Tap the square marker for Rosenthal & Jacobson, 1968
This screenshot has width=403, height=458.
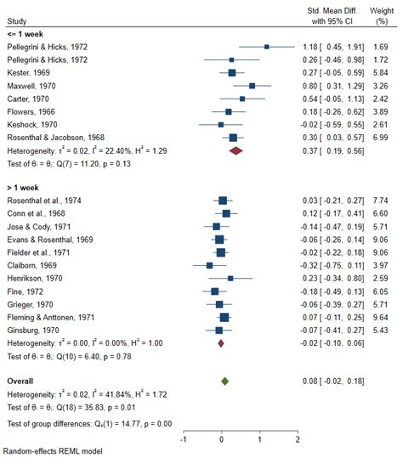tap(233, 137)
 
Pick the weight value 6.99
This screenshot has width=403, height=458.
tap(383, 137)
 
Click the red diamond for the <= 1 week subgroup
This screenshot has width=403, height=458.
tap(236, 150)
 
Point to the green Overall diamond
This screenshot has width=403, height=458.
tap(224, 382)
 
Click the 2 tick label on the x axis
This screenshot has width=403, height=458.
tap(298, 439)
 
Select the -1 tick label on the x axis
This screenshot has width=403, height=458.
tap(183, 439)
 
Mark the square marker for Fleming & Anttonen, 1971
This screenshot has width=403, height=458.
tap(224, 316)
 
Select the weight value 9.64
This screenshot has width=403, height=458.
tap(383, 316)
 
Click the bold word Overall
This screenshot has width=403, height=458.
tap(22, 382)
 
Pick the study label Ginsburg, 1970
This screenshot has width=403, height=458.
tap(30, 329)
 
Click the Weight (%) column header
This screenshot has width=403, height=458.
tap(383, 15)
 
